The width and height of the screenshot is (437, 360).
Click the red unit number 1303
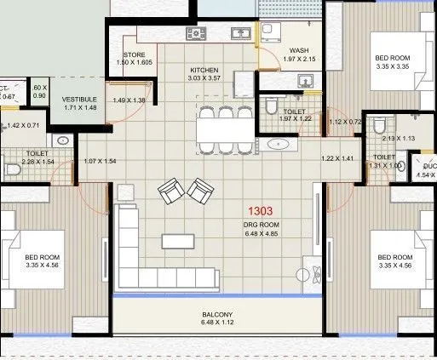click(x=261, y=209)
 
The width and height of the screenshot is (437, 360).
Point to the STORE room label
click(x=135, y=54)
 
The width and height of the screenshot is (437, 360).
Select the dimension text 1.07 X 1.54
click(x=99, y=162)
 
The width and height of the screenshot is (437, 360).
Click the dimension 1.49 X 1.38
click(x=129, y=100)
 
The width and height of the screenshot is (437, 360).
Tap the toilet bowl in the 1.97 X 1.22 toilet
click(x=271, y=107)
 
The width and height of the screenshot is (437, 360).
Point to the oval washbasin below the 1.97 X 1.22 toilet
click(x=279, y=144)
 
